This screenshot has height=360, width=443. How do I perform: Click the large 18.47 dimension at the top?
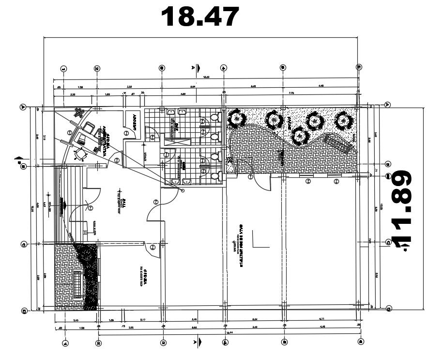point(200,17)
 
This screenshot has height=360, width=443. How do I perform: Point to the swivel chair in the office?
point(80,155)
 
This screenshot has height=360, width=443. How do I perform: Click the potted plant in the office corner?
point(77,112)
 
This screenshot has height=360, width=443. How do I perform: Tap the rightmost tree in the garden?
point(343,121)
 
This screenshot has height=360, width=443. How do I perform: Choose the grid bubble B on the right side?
point(388,164)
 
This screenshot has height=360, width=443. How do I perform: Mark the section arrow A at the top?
point(196,67)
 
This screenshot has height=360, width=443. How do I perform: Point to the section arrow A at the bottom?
point(196,342)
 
